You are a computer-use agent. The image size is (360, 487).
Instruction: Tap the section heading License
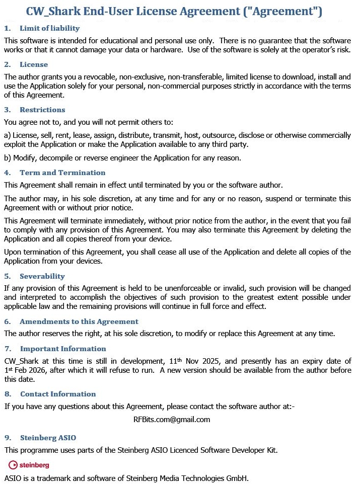[x=34, y=64]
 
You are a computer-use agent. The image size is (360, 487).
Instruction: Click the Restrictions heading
[x=42, y=110]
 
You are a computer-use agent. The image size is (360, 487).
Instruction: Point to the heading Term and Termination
[x=55, y=173]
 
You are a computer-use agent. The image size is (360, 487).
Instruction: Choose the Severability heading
[x=42, y=276]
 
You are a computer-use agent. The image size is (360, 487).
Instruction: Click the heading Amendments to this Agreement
[x=79, y=321]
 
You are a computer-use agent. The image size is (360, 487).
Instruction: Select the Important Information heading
[x=63, y=349]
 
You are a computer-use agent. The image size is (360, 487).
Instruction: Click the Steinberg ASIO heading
[x=48, y=438]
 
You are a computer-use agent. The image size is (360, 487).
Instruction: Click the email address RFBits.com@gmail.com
[x=172, y=419]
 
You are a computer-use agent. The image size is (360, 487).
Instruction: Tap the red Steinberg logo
[x=29, y=465]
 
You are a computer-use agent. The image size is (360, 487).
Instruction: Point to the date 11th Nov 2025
[x=195, y=361]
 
